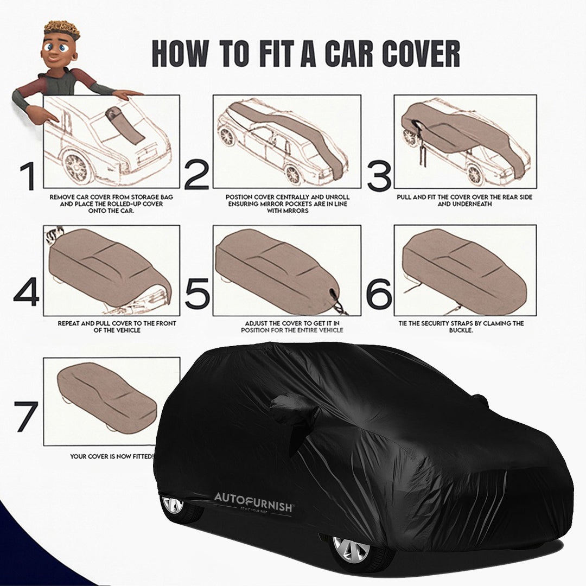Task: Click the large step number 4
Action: point(26,293)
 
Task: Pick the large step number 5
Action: point(196,293)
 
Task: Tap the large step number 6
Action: point(379,293)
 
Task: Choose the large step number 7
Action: point(26,417)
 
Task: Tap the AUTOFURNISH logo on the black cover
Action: point(254,498)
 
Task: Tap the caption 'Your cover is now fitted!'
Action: point(112,456)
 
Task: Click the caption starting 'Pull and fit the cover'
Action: point(465,201)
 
